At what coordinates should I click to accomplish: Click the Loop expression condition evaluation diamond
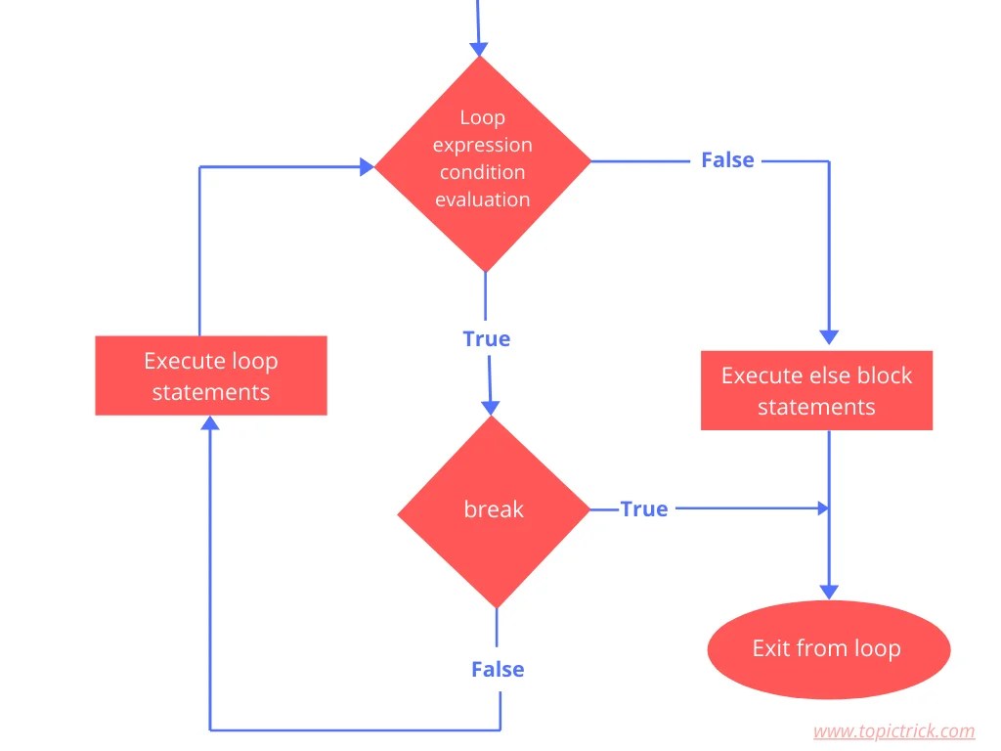483,161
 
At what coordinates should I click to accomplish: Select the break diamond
494,509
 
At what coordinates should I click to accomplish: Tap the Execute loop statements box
211,376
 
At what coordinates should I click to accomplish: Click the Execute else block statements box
816,390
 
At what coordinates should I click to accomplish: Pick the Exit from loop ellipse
827,648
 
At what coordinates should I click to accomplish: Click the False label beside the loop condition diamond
727,160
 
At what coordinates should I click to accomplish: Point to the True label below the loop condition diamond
487,338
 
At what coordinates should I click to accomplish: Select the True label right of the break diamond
644,508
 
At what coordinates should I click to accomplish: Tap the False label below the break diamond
498,669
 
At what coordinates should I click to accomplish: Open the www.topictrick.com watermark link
893,730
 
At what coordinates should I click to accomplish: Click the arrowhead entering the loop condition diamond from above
479,48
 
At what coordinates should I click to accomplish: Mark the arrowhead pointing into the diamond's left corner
367,167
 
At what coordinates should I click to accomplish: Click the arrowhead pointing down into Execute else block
829,336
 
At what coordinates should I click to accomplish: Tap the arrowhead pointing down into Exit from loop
829,591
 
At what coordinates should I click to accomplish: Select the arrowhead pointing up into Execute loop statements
210,422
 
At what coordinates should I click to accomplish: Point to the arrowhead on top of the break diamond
493,407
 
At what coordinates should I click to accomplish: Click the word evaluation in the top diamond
483,199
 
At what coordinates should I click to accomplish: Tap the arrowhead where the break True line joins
822,508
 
